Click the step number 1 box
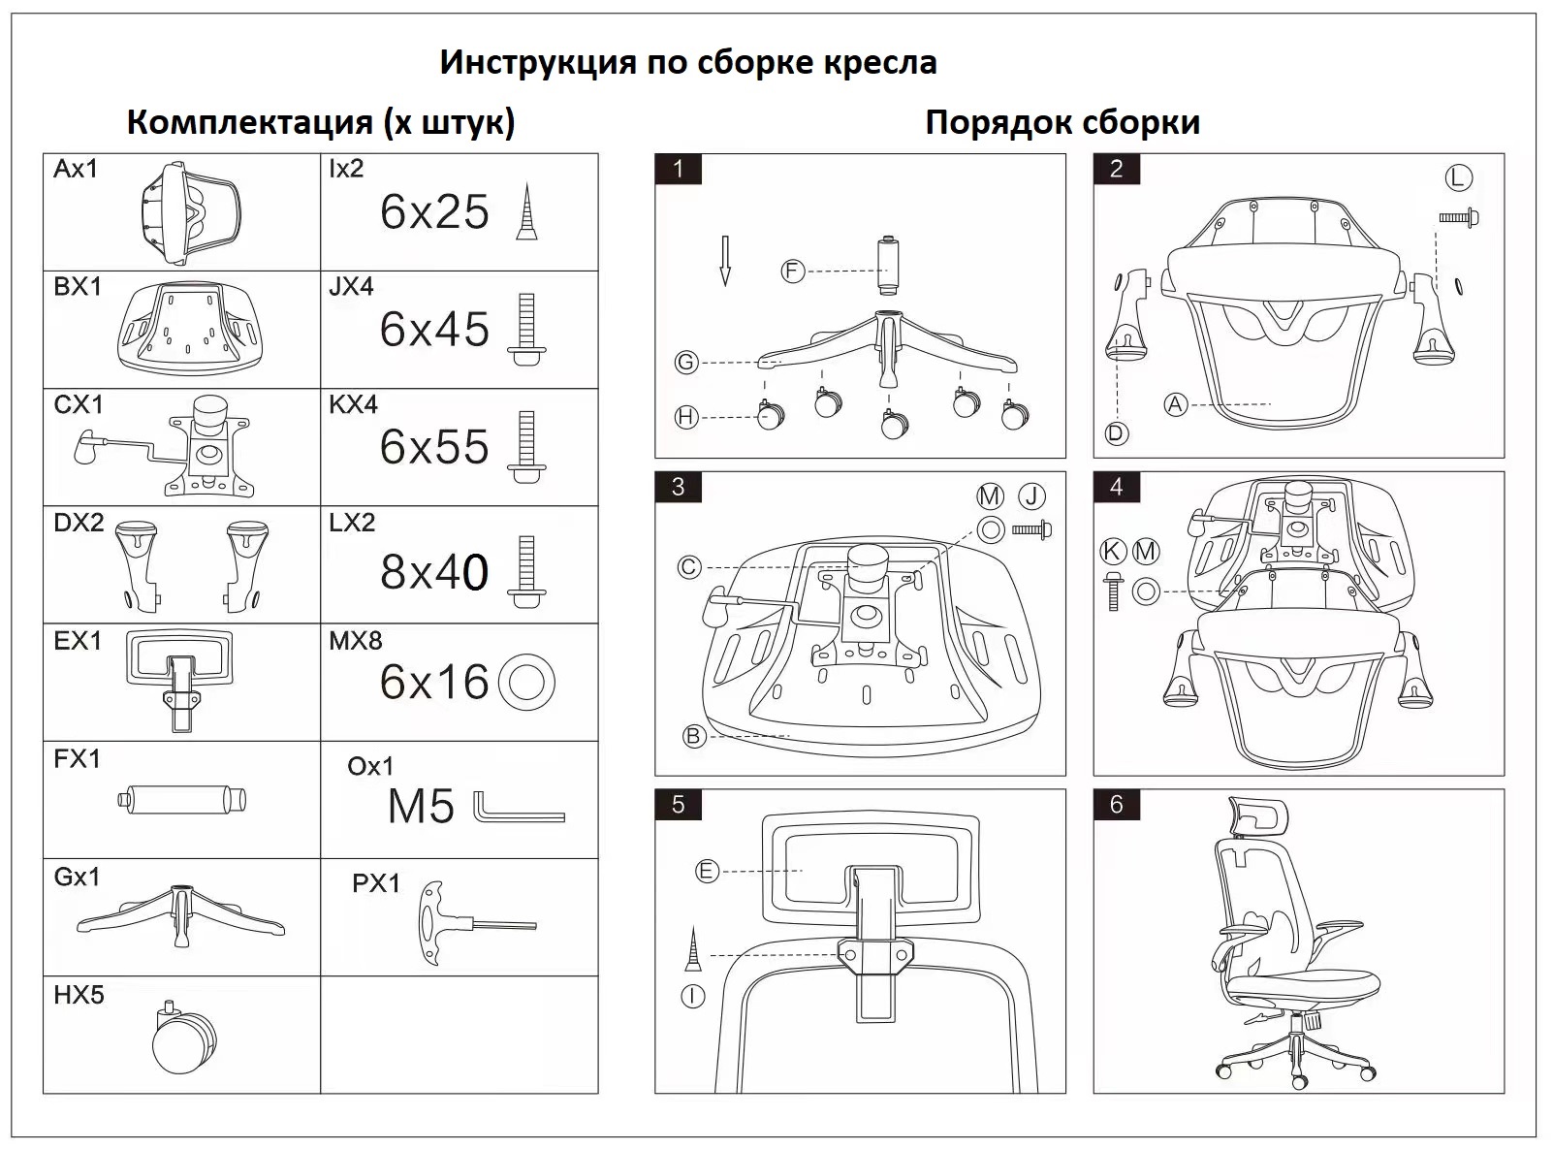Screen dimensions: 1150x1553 pyautogui.click(x=678, y=169)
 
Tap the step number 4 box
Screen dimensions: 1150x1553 pyautogui.click(x=1116, y=487)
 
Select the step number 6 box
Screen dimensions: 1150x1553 pyautogui.click(x=1116, y=804)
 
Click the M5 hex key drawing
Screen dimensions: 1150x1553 pyautogui.click(x=519, y=807)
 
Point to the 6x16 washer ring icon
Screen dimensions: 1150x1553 pyautogui.click(x=526, y=682)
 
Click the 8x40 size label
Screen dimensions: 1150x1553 pyautogui.click(x=434, y=572)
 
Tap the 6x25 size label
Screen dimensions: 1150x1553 pyautogui.click(x=434, y=212)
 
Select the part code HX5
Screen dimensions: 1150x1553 pyautogui.click(x=79, y=995)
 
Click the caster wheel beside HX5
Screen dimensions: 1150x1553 pyautogui.click(x=184, y=1039)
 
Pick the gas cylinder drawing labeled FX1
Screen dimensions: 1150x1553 pyautogui.click(x=183, y=801)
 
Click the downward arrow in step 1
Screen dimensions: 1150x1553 pyautogui.click(x=725, y=261)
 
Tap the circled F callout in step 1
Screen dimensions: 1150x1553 pyautogui.click(x=793, y=272)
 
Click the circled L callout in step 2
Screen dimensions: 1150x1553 pyautogui.click(x=1458, y=178)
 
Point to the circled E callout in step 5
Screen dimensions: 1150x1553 pyautogui.click(x=707, y=872)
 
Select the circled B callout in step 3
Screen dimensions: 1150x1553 pyautogui.click(x=693, y=737)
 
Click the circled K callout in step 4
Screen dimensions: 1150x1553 pyautogui.click(x=1113, y=552)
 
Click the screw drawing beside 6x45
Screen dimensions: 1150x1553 pyautogui.click(x=526, y=329)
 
